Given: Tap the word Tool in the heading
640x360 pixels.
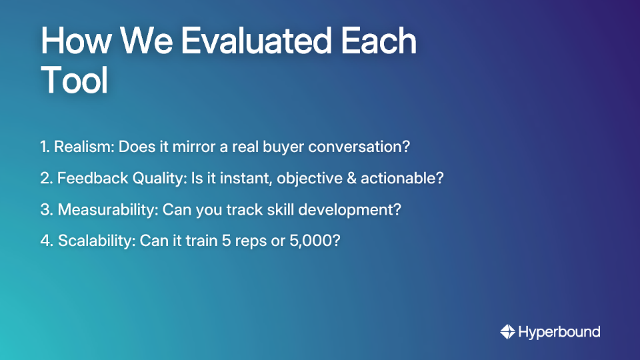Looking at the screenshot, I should (x=74, y=81).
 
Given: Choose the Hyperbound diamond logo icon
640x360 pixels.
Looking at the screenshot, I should (x=508, y=331).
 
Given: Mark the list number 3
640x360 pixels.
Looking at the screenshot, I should (x=45, y=209).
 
